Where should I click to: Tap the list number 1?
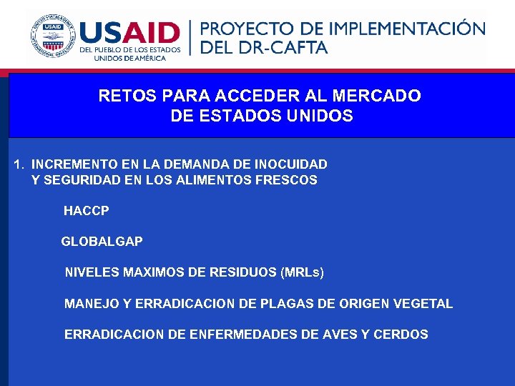click(x=18, y=164)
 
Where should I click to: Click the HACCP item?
click(x=87, y=211)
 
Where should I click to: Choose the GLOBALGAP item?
click(x=102, y=242)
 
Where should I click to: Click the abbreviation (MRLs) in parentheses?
click(x=303, y=272)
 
